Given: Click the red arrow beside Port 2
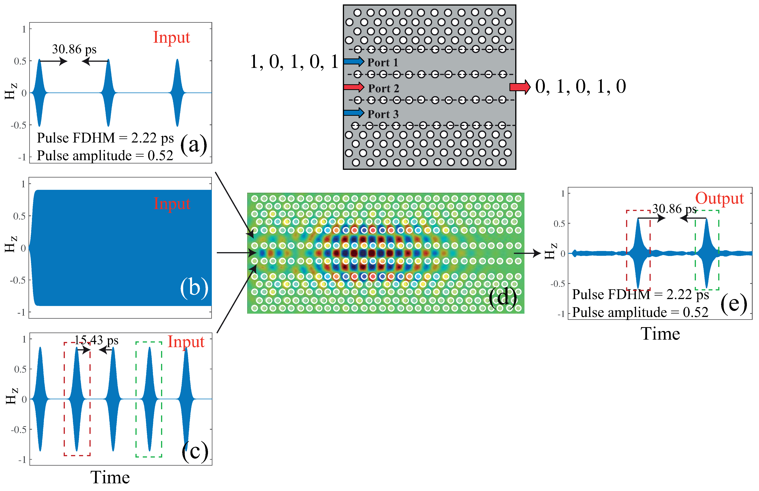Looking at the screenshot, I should [354, 87].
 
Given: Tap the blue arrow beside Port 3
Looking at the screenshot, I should [354, 113].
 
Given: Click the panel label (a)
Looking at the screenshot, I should [194, 144].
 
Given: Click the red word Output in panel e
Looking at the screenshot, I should [719, 198].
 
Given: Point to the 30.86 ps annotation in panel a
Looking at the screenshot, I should [74, 49].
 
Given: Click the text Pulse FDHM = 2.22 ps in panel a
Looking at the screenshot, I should [105, 138].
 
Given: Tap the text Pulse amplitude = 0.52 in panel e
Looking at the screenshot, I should [640, 313].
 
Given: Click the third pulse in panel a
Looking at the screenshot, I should [177, 93].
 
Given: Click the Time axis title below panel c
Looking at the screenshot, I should [110, 477].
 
